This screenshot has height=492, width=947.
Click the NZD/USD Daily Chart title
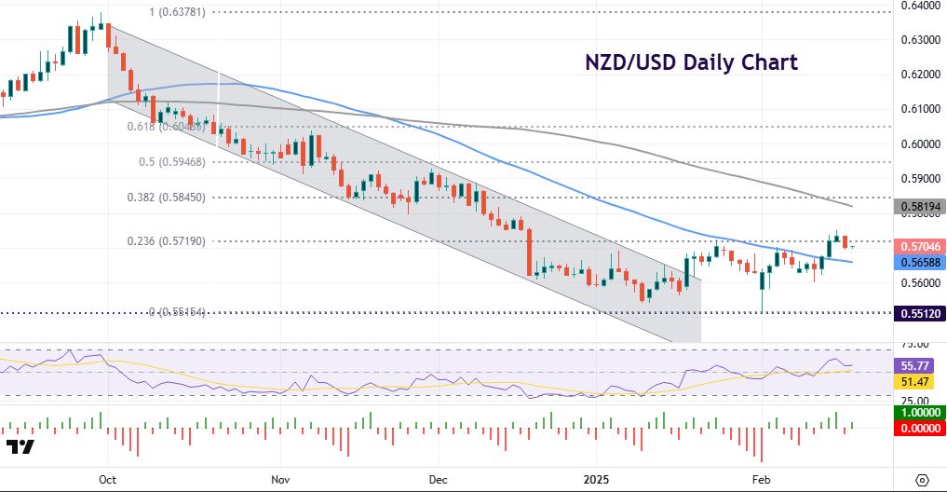coord(691,62)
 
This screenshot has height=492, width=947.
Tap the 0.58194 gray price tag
coord(920,207)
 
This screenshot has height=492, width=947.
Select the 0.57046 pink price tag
coord(920,246)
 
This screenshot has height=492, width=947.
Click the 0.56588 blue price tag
coord(920,263)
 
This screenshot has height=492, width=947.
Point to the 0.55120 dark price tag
coord(920,315)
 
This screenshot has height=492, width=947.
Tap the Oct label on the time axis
coord(107,479)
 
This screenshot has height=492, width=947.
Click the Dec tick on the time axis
coord(439,479)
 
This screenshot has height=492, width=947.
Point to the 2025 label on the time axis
coord(595,479)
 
